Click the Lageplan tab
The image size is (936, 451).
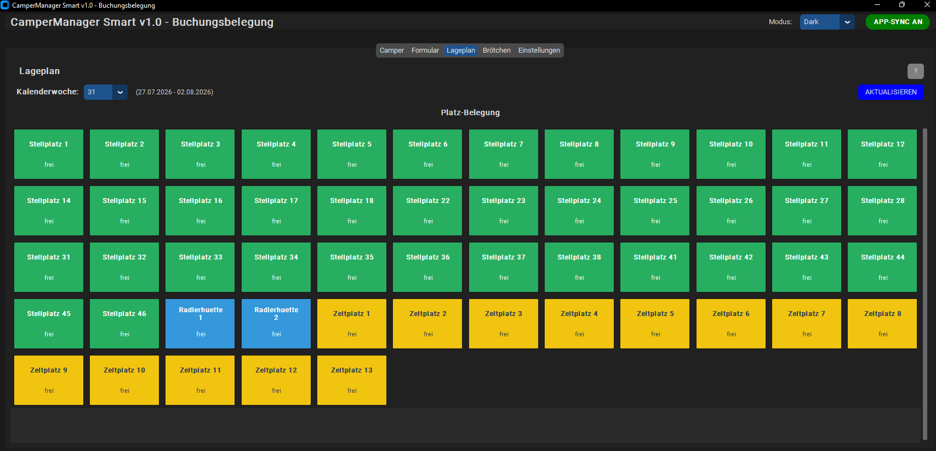click(460, 50)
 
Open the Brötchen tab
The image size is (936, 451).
click(496, 50)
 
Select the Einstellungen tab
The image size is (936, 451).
click(539, 50)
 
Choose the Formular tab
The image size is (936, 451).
click(425, 50)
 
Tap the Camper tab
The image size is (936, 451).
click(391, 50)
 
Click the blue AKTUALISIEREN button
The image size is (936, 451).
click(891, 92)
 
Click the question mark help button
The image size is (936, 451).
click(915, 71)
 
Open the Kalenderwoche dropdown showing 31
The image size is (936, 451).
click(105, 92)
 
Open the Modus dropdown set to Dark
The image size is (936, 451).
click(826, 22)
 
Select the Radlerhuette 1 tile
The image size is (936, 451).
click(200, 323)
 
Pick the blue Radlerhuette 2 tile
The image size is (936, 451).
click(276, 323)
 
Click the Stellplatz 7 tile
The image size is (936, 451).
click(504, 154)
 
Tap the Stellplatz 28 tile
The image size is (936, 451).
click(882, 211)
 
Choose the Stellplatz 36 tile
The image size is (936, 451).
click(427, 267)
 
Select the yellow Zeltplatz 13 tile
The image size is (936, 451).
click(352, 380)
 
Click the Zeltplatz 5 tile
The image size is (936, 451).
click(655, 323)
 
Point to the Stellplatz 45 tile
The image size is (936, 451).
click(48, 323)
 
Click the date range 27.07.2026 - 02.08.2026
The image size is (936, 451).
click(174, 92)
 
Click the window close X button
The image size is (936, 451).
click(927, 4)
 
